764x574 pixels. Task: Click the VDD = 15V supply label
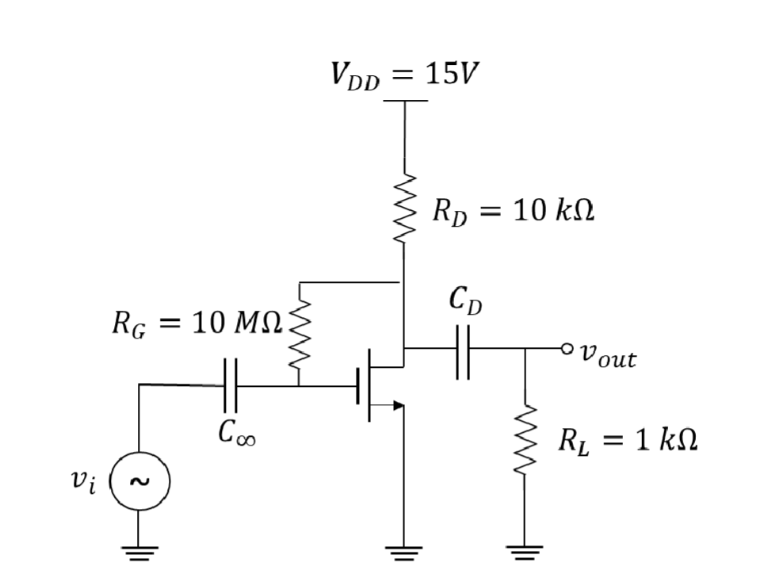coord(405,76)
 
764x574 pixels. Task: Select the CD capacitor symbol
coord(464,349)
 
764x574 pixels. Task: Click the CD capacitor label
coord(464,300)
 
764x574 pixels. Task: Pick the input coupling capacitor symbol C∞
coord(231,385)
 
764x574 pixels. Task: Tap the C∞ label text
coord(237,434)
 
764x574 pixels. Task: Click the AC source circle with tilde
coord(139,480)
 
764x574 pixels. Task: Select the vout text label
coord(607,355)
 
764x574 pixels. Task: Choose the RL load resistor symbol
coord(525,441)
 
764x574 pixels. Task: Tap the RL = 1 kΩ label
coord(627,440)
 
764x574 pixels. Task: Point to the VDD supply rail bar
coord(405,101)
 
